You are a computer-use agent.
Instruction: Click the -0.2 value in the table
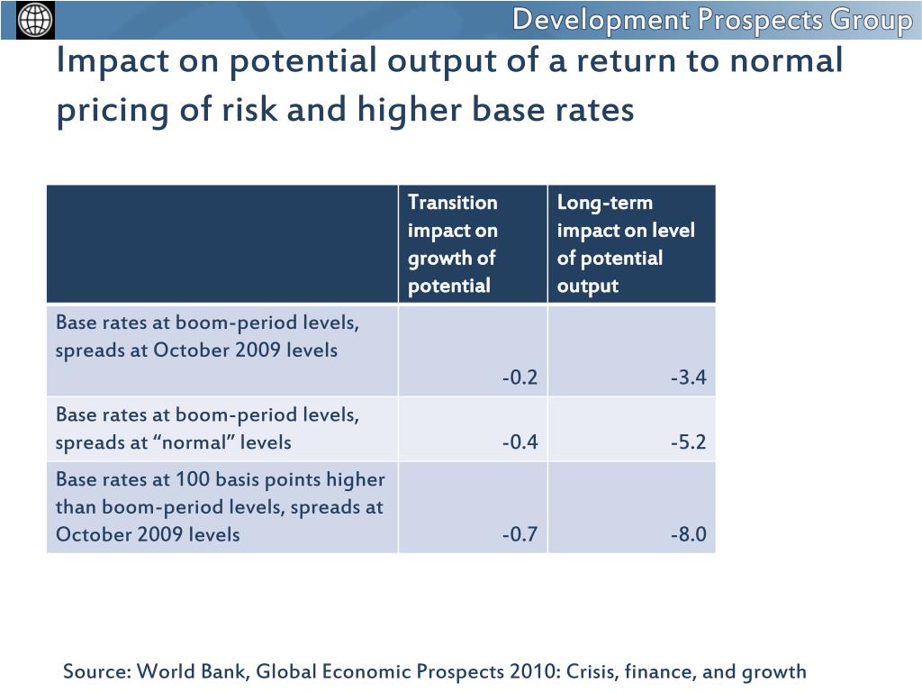click(520, 378)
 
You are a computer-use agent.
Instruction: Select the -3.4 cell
click(688, 378)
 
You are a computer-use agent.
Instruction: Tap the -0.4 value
click(520, 442)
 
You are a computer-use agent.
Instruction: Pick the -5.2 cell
click(688, 442)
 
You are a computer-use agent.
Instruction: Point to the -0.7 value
click(520, 534)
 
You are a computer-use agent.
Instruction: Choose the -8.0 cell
click(688, 534)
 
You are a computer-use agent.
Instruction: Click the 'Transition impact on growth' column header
click(453, 243)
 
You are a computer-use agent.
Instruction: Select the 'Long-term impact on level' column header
click(626, 243)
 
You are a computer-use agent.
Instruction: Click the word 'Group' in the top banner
click(871, 20)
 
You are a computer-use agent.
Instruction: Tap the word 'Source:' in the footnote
click(97, 671)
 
